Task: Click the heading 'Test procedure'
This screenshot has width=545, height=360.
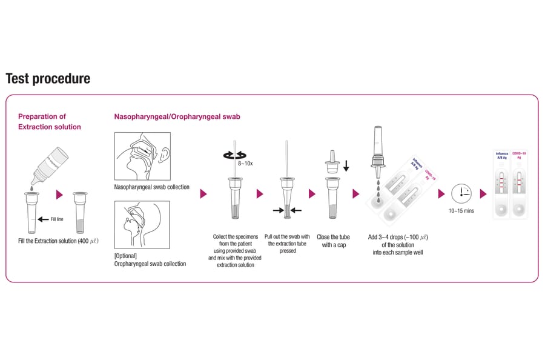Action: click(48, 79)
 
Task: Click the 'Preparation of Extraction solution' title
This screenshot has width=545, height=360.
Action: click(49, 121)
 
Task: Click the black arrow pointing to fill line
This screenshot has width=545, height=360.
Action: click(43, 219)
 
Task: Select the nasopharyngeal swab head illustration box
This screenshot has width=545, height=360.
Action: click(142, 156)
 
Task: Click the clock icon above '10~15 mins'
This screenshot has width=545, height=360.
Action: click(461, 193)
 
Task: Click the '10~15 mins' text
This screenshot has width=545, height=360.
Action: click(461, 211)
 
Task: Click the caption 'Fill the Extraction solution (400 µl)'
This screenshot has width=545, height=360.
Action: click(58, 241)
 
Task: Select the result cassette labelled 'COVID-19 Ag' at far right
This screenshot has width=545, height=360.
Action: click(519, 185)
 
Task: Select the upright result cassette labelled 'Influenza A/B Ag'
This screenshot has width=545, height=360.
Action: click(502, 185)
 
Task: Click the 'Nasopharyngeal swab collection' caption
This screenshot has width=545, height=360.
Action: click(151, 187)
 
